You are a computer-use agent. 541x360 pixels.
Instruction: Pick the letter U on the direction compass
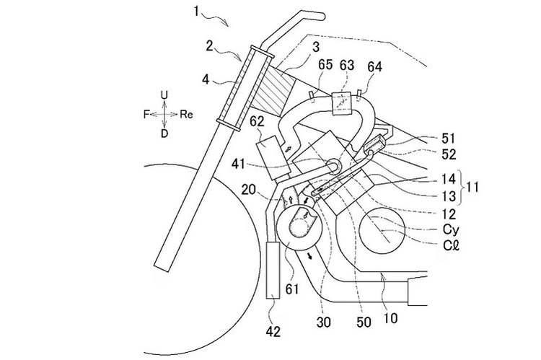click(x=164, y=95)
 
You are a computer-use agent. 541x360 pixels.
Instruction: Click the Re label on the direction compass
click(x=187, y=114)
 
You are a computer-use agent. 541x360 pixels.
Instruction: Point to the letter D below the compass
click(x=164, y=133)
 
